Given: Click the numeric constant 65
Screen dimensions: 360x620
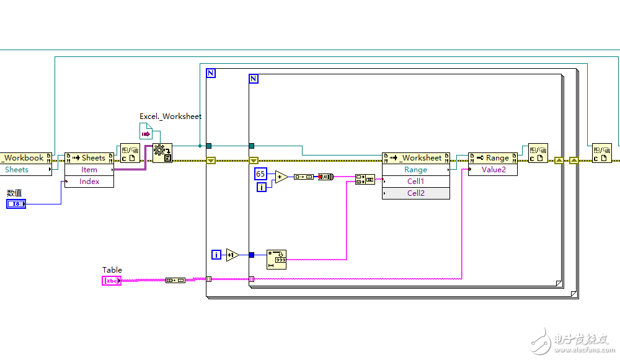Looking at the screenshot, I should [260, 174].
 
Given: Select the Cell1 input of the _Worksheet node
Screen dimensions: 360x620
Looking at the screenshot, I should [415, 182].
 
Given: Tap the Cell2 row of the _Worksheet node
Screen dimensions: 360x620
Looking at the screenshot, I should [415, 193].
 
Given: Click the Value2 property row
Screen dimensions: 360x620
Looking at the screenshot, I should [494, 170].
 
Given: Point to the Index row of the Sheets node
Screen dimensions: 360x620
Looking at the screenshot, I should [89, 182].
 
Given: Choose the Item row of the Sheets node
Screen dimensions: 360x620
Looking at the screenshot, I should [89, 170].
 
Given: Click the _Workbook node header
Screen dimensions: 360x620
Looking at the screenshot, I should [25, 158].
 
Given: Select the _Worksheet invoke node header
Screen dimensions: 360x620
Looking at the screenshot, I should [416, 158].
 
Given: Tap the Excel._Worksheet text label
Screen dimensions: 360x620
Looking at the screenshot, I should [170, 116].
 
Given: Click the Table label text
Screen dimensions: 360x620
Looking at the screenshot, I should [112, 270].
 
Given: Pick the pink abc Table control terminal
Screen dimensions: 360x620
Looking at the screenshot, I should [111, 281].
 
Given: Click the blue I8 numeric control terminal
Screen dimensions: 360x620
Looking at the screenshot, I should [16, 204].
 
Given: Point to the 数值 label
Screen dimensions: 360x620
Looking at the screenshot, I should [14, 193].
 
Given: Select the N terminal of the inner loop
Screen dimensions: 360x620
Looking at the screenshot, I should [253, 79].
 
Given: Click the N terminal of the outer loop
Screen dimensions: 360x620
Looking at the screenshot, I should [211, 73].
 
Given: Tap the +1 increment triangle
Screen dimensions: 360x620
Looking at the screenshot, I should [232, 255].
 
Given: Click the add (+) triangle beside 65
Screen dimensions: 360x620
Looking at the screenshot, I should [281, 177].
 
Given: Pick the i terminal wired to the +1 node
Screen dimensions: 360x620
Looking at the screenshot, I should [216, 255].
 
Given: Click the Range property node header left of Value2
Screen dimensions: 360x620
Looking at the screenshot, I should [493, 158].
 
